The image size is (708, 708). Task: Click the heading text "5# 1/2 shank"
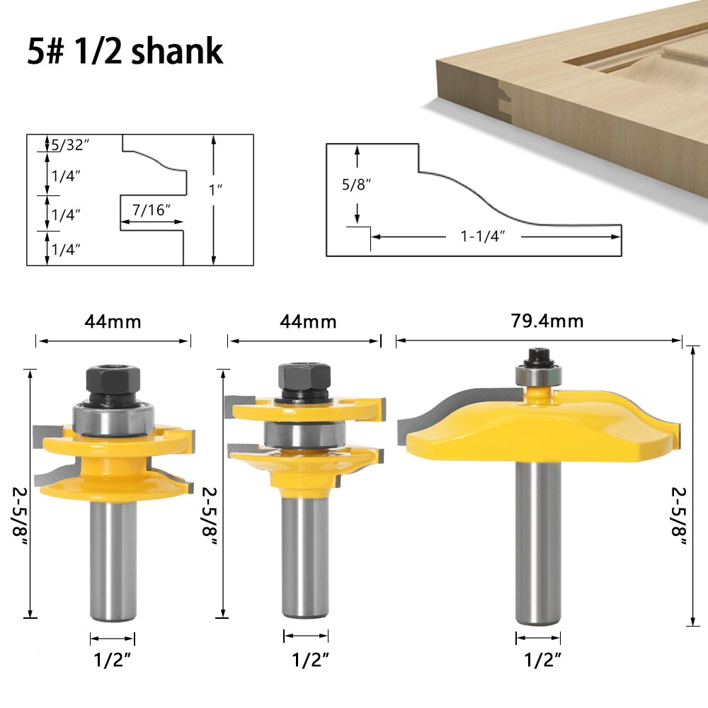tap(125, 52)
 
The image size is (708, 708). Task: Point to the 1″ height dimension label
tap(216, 190)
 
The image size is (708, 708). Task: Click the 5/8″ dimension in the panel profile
tap(357, 184)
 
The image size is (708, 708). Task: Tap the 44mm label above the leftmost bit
tap(113, 321)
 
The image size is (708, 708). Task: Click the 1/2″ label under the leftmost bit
tap(113, 660)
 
